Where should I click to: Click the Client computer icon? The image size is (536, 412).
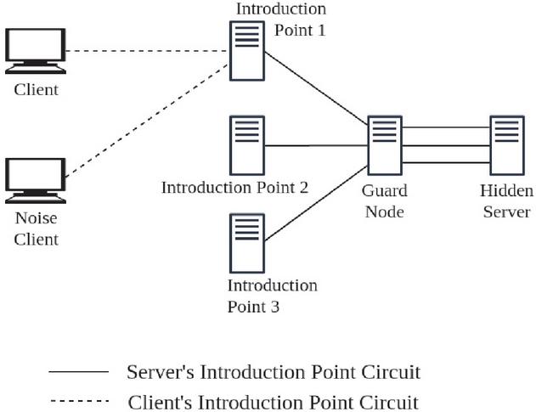pyautogui.click(x=35, y=51)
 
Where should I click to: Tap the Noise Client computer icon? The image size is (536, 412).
pyautogui.click(x=35, y=178)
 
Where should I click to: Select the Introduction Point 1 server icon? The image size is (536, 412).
pyautogui.click(x=247, y=51)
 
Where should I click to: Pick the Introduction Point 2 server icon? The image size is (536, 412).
pyautogui.click(x=247, y=145)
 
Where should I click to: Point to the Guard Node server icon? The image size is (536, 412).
pyautogui.click(x=385, y=145)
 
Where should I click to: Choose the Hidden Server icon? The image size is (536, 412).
pyautogui.click(x=506, y=145)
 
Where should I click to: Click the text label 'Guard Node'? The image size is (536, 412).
pyautogui.click(x=384, y=200)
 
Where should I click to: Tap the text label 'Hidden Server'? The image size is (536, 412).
pyautogui.click(x=506, y=200)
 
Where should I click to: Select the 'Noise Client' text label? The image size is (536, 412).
pyautogui.click(x=37, y=229)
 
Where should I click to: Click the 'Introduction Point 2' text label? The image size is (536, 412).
pyautogui.click(x=234, y=187)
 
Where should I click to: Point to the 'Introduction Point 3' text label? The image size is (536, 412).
pyautogui.click(x=272, y=296)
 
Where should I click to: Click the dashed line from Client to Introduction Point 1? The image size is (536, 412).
pyautogui.click(x=144, y=51)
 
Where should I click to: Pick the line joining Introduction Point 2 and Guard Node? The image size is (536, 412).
pyautogui.click(x=316, y=145)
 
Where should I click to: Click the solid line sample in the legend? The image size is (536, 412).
pyautogui.click(x=79, y=372)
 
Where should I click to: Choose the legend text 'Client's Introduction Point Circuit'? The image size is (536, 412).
pyautogui.click(x=274, y=401)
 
